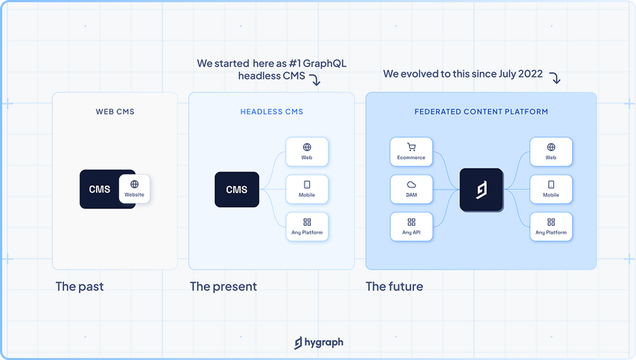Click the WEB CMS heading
click(115, 112)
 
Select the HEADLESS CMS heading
click(272, 112)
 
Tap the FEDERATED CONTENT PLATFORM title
click(481, 112)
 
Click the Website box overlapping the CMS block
click(134, 189)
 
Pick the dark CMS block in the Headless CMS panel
click(237, 189)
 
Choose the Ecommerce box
click(411, 152)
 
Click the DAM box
click(411, 189)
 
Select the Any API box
click(411, 227)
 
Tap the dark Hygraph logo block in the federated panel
click(481, 190)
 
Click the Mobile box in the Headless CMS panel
click(307, 189)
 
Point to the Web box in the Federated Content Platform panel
click(551, 152)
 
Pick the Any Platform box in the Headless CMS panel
click(307, 227)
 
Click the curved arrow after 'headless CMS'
click(315, 79)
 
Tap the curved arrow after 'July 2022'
click(555, 78)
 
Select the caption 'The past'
click(79, 286)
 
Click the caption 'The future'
click(394, 286)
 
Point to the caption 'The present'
click(223, 286)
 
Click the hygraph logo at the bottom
click(319, 343)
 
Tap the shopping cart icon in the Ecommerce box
click(411, 147)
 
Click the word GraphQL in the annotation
click(325, 63)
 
